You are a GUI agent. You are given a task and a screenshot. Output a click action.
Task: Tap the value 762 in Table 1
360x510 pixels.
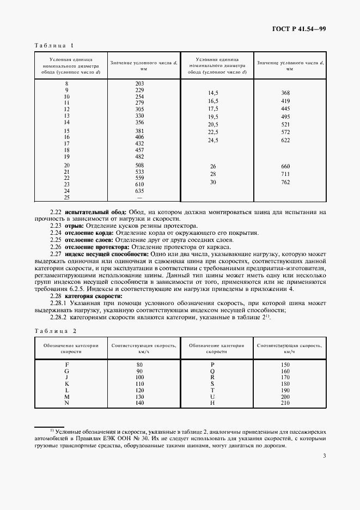pos(285,182)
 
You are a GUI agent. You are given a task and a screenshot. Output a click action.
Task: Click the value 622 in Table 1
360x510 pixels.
pos(285,140)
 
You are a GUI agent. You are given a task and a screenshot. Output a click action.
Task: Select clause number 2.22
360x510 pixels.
pos(56,211)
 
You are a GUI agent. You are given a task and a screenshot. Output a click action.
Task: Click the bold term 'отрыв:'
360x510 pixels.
pos(74,226)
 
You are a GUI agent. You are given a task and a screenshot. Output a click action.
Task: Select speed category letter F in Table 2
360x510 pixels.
pos(66,363)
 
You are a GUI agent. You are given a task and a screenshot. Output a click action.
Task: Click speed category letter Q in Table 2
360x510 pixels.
pos(212,370)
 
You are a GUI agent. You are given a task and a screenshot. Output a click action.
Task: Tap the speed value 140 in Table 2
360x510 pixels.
pos(139,403)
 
